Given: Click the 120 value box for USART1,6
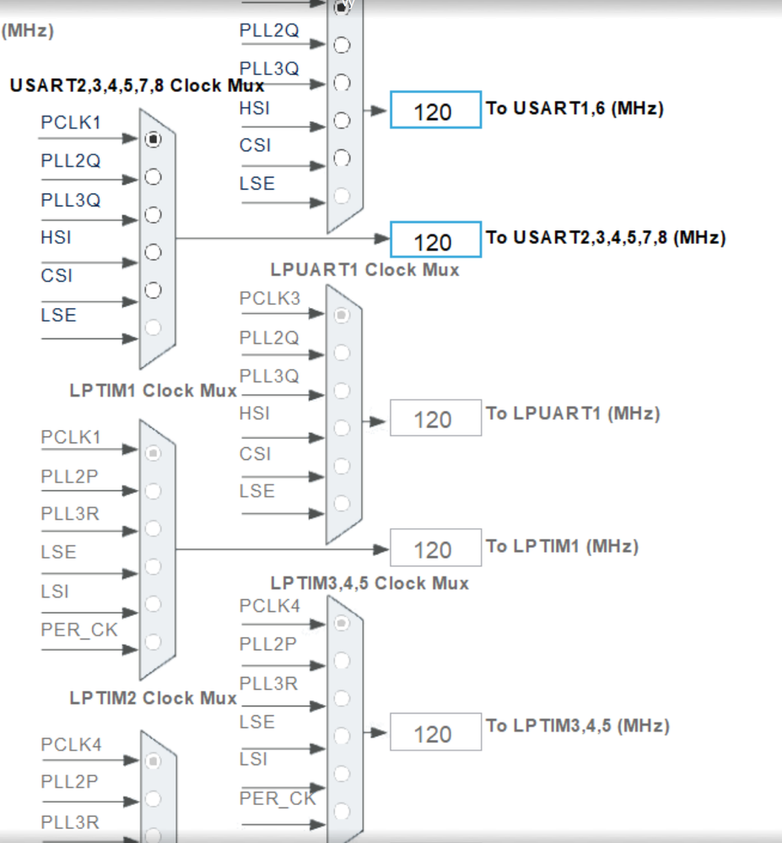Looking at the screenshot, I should pyautogui.click(x=435, y=111).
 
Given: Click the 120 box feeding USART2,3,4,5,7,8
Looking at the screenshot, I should pyautogui.click(x=435, y=241).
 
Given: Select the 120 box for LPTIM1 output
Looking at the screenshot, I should pyautogui.click(x=435, y=549).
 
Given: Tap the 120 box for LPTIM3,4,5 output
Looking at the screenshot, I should pyautogui.click(x=435, y=732).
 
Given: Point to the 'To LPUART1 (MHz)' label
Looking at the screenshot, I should pyautogui.click(x=573, y=413).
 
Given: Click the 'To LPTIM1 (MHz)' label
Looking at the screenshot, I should pyautogui.click(x=562, y=546).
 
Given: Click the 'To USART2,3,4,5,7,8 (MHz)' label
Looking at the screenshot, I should pyautogui.click(x=605, y=237).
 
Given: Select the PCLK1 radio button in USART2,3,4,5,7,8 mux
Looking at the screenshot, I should pyautogui.click(x=153, y=139).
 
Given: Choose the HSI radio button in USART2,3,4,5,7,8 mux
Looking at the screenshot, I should pyautogui.click(x=153, y=251).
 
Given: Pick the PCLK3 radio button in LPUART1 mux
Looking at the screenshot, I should pyautogui.click(x=341, y=315).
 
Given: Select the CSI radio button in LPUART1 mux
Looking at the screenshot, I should pyautogui.click(x=341, y=465).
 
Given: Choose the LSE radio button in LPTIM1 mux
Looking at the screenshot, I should pyautogui.click(x=153, y=565).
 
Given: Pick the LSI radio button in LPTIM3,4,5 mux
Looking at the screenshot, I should pyautogui.click(x=341, y=773).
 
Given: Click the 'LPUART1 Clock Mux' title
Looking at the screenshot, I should pyautogui.click(x=364, y=270).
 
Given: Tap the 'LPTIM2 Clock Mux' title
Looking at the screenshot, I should pyautogui.click(x=154, y=698).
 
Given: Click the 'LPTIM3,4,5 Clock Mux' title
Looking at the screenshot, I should pyautogui.click(x=369, y=583).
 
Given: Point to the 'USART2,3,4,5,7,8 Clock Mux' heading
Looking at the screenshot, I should pyautogui.click(x=137, y=86).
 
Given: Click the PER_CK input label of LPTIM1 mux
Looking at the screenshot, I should pyautogui.click(x=79, y=630).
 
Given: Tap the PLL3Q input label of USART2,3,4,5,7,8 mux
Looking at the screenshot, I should pyautogui.click(x=70, y=200).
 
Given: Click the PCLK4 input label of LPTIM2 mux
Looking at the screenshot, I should pyautogui.click(x=71, y=744).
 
